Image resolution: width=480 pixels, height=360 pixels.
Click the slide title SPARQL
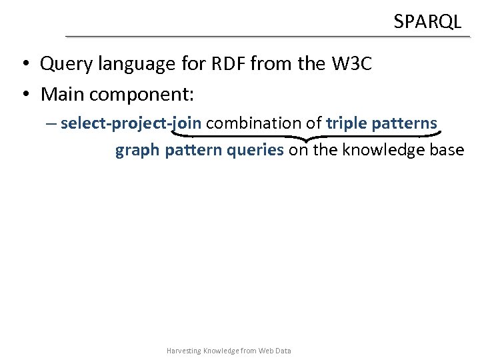[x=427, y=22]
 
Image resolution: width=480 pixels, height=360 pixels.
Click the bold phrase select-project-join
[x=131, y=123]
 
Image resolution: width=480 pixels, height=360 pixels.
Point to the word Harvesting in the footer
[x=183, y=351]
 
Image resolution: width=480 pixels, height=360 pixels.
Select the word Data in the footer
[x=284, y=351]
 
